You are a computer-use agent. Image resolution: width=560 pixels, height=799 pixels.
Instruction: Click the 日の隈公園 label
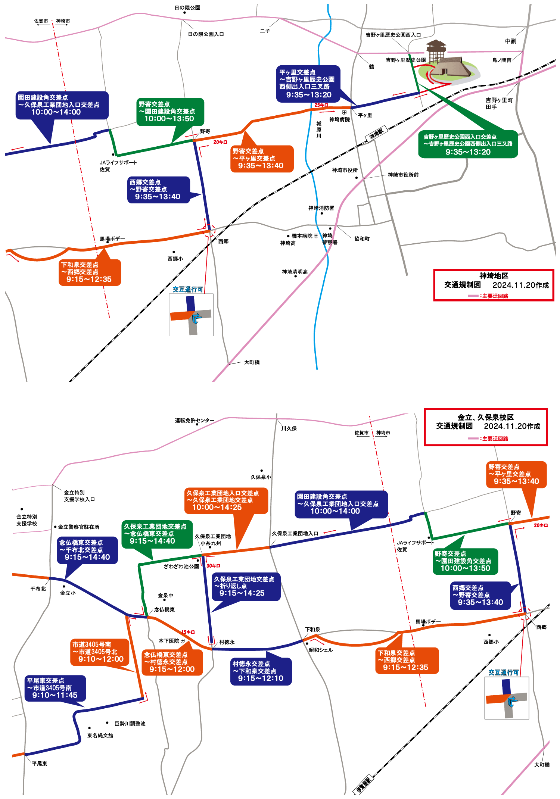click(187, 7)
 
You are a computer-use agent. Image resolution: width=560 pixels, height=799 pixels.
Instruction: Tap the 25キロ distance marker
click(321, 105)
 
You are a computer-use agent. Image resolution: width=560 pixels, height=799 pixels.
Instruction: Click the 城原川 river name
click(319, 129)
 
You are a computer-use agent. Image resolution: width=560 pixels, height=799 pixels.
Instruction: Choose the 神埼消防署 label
click(321, 208)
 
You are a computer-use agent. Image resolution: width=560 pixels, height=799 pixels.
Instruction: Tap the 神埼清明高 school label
click(295, 272)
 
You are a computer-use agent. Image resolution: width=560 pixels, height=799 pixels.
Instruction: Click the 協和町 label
click(362, 238)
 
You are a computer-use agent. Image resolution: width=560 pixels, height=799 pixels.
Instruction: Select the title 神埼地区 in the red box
click(494, 276)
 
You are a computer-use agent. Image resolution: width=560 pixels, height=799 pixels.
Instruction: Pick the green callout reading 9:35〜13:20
click(468, 144)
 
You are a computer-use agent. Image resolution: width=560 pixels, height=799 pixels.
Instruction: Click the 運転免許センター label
click(195, 421)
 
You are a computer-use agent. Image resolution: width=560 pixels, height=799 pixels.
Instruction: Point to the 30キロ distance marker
click(213, 566)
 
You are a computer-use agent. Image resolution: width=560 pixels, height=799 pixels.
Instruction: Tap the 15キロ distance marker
click(188, 632)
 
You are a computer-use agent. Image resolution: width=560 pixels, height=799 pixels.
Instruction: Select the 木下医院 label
click(169, 641)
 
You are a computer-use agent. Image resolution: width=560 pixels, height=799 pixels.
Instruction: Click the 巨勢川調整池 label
click(130, 724)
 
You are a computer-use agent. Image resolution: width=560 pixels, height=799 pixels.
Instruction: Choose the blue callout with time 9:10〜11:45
click(55, 688)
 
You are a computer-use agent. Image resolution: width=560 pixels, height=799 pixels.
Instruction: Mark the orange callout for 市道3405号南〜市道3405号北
click(100, 652)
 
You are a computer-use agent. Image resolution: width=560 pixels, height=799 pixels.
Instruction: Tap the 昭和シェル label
click(321, 650)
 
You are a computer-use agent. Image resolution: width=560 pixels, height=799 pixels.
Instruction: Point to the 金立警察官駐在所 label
click(78, 527)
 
